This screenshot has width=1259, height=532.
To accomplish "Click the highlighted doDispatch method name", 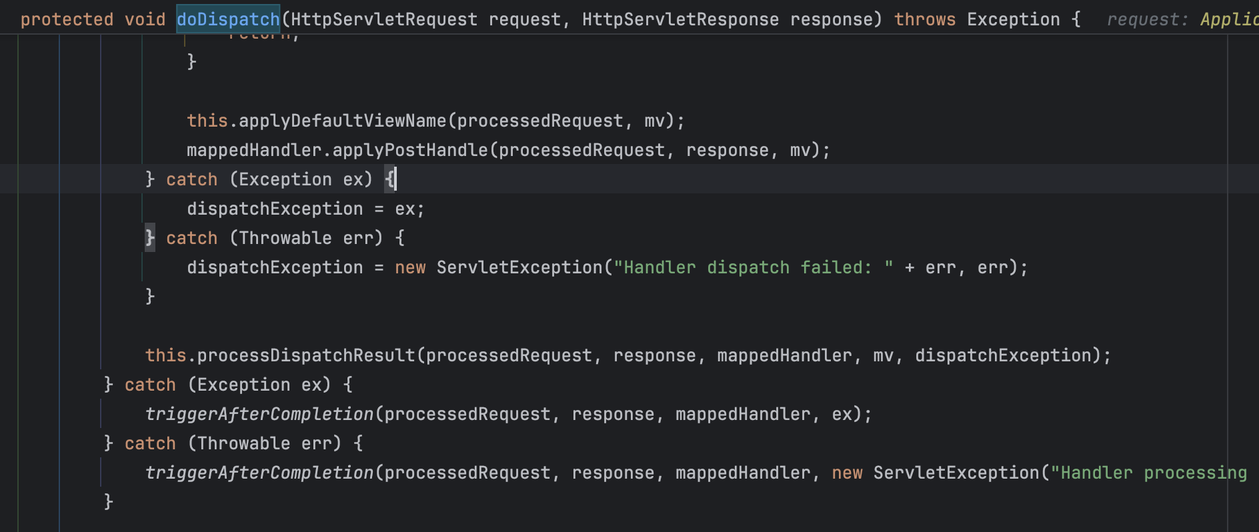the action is click(228, 19).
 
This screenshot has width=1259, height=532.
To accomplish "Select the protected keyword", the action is click(67, 19).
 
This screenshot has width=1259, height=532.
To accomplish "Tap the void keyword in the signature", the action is click(145, 19).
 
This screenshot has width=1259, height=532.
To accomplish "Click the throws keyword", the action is click(925, 19).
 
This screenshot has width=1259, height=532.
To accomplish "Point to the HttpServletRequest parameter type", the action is click(384, 19).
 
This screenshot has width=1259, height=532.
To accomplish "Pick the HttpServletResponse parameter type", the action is click(680, 19).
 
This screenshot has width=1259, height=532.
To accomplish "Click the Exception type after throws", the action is click(1013, 19).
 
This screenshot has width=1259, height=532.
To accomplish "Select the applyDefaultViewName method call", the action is click(342, 121).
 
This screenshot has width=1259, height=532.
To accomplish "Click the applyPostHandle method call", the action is click(410, 150).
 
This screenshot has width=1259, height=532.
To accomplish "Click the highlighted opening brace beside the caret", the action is click(390, 179).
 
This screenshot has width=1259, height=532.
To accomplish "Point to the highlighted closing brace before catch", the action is click(150, 237).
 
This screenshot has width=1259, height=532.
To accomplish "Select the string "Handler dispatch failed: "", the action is click(753, 267).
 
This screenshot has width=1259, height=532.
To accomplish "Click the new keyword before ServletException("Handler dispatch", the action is click(410, 267).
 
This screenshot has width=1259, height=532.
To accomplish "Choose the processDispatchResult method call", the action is click(306, 355).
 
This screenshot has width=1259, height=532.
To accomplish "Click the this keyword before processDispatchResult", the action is click(165, 355).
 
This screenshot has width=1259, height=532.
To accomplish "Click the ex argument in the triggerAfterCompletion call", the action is click(842, 414).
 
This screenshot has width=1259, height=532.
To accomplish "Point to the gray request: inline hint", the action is click(1147, 20).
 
